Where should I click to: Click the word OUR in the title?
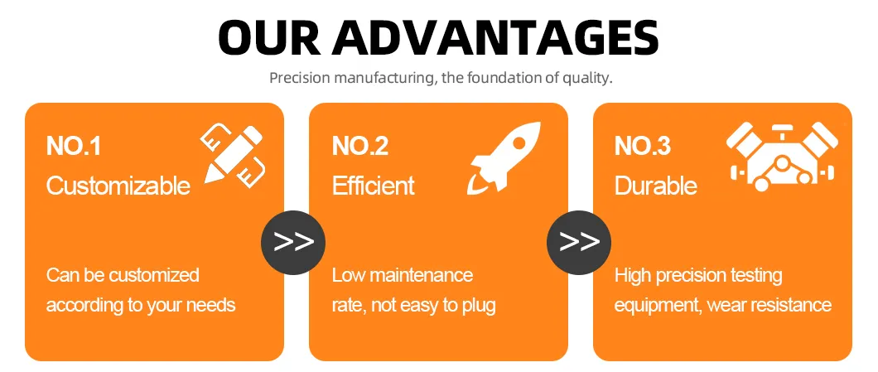click(270, 37)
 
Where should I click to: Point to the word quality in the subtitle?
click(588, 80)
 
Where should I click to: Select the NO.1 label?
click(74, 147)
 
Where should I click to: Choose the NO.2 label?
click(360, 147)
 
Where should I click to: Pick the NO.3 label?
click(643, 147)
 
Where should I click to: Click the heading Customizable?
click(118, 186)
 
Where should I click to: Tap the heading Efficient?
click(373, 186)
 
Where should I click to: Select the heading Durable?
click(655, 186)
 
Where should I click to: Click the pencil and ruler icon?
click(233, 153)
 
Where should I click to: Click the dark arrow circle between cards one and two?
click(293, 242)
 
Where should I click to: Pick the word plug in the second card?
click(478, 306)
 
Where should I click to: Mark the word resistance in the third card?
click(792, 305)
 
